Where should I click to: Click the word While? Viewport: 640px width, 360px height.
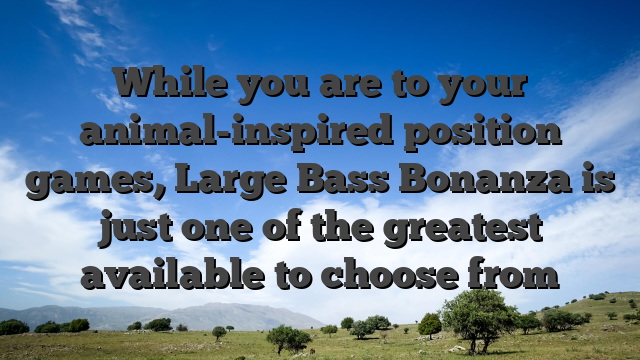point(173,84)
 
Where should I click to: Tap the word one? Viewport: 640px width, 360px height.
point(233,228)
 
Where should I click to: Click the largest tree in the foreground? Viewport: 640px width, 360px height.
point(479,316)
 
